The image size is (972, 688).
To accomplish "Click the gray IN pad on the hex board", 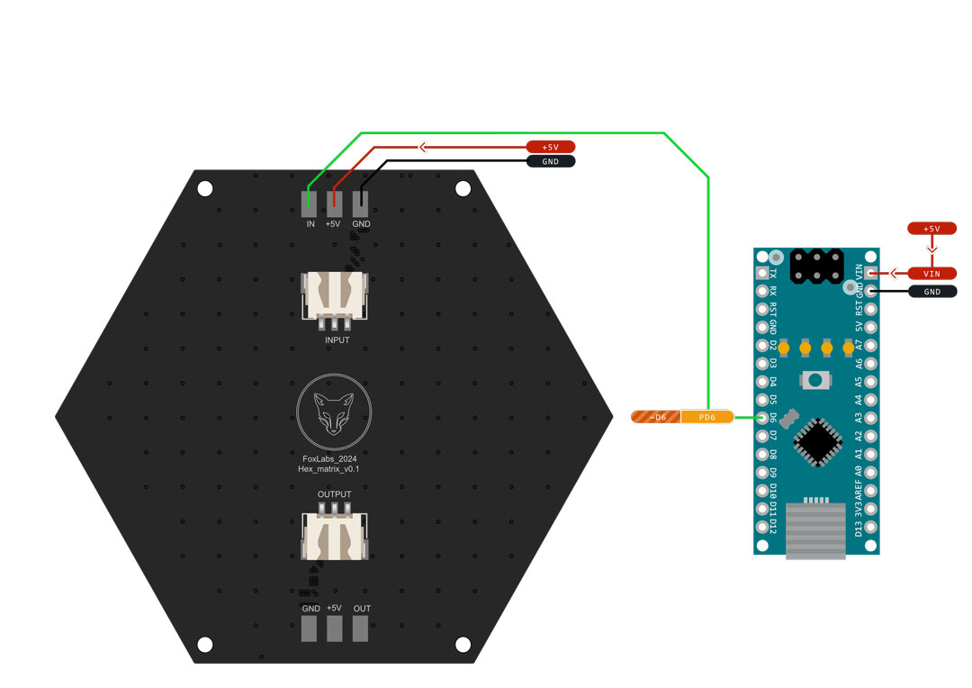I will coord(309,203).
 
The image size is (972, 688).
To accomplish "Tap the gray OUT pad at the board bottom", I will coord(361,629).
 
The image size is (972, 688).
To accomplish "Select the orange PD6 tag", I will coord(706,417).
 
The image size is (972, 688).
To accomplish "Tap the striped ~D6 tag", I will coord(655,417).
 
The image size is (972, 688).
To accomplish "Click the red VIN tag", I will coord(931,273).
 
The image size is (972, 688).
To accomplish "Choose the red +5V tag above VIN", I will coord(931,229).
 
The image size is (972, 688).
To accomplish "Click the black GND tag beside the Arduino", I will coord(931,292).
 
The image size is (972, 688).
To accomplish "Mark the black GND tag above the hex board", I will coord(550,162).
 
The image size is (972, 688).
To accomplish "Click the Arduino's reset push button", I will coord(815,380).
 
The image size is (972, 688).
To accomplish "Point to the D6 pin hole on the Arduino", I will coord(762,417).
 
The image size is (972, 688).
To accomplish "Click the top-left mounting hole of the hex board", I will coord(205,189).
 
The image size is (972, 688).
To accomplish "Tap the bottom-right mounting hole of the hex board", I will coord(463,645).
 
